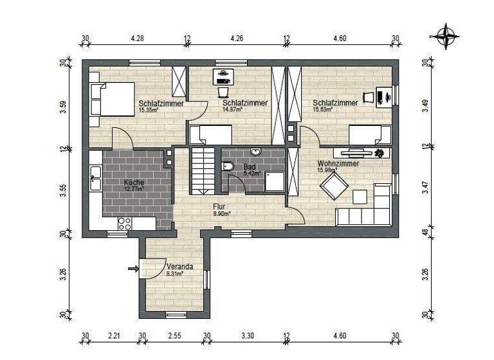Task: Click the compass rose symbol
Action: click(445, 36)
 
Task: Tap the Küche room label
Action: click(134, 182)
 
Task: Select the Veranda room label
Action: click(179, 266)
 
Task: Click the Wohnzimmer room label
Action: click(338, 164)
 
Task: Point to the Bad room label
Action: click(250, 167)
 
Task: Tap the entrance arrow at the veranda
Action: click(133, 269)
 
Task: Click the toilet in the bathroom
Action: click(228, 166)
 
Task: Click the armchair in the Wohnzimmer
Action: click(334, 186)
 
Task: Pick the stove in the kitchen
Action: click(125, 223)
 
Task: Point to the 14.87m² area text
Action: click(232, 110)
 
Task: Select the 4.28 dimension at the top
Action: click(137, 39)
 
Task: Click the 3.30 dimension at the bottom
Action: click(246, 336)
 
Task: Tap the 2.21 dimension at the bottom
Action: click(114, 336)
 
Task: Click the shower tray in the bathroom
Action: click(275, 181)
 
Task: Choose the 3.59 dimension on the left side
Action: click(63, 107)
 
